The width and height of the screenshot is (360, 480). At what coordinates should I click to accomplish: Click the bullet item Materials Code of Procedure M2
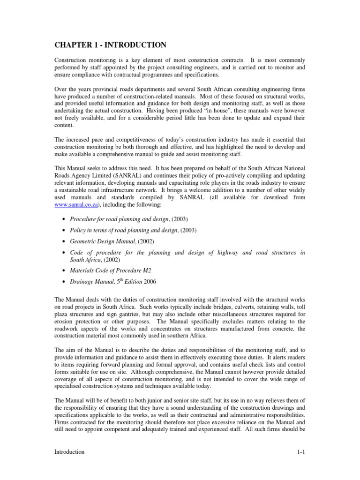click(x=110, y=270)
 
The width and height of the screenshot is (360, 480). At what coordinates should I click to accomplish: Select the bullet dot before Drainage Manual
click(x=63, y=282)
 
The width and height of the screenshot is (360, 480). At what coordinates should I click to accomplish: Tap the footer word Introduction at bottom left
click(x=69, y=451)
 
